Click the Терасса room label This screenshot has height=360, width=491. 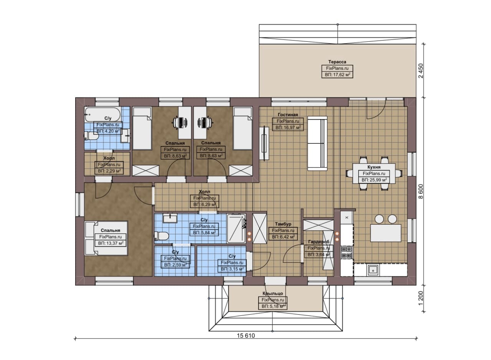coord(337,62)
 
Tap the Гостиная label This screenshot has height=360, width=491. coord(288,115)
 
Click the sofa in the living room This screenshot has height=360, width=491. coord(317,143)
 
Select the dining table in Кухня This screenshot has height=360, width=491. coord(374,173)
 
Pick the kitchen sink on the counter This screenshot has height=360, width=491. coord(372,270)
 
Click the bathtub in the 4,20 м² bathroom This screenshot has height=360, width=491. coord(102,114)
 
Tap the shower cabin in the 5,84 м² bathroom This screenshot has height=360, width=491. coord(236,228)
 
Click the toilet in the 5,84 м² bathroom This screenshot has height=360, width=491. coord(161,236)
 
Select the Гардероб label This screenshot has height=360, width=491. coord(319,242)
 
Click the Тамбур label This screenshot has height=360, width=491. coord(283,224)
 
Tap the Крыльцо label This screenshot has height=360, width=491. coord(273,293)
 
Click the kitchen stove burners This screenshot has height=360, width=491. coord(346,252)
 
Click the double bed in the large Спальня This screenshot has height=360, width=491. coord(106,238)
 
